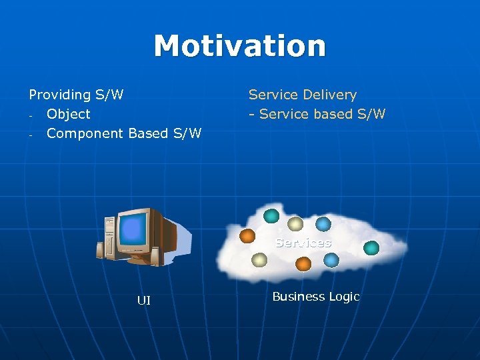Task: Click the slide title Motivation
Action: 240,46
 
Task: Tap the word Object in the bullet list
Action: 68,114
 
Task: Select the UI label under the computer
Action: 143,301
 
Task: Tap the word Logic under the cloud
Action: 344,297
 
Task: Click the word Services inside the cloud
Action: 303,243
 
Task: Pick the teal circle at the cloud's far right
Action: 371,248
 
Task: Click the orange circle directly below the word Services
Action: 303,263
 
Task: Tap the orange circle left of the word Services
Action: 247,235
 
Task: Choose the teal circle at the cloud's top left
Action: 271,215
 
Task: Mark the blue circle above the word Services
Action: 323,224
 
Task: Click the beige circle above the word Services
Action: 295,224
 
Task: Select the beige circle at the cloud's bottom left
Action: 260,260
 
